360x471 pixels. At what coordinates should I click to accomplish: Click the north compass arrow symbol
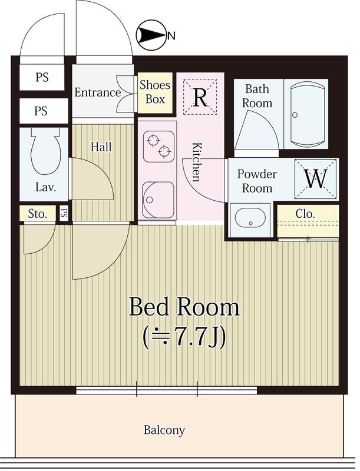tap(150, 36)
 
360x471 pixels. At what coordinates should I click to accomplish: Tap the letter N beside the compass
tap(171, 37)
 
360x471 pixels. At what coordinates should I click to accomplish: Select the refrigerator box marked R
tap(200, 98)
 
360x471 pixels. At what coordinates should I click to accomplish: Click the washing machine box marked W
tap(315, 178)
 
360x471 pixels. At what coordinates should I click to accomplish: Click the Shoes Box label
tap(155, 92)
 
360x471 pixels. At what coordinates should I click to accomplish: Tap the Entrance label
tap(97, 92)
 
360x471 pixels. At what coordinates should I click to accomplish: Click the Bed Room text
tap(184, 307)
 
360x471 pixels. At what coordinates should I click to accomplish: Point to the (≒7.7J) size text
tap(184, 337)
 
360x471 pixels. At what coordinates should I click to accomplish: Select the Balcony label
tap(164, 430)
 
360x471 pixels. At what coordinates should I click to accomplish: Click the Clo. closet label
tap(305, 213)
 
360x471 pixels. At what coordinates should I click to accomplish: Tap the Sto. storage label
tap(37, 214)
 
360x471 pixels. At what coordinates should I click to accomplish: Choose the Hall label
tap(101, 147)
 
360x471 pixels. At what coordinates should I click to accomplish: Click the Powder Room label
tap(257, 181)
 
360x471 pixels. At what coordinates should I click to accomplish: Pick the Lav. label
tap(45, 188)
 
